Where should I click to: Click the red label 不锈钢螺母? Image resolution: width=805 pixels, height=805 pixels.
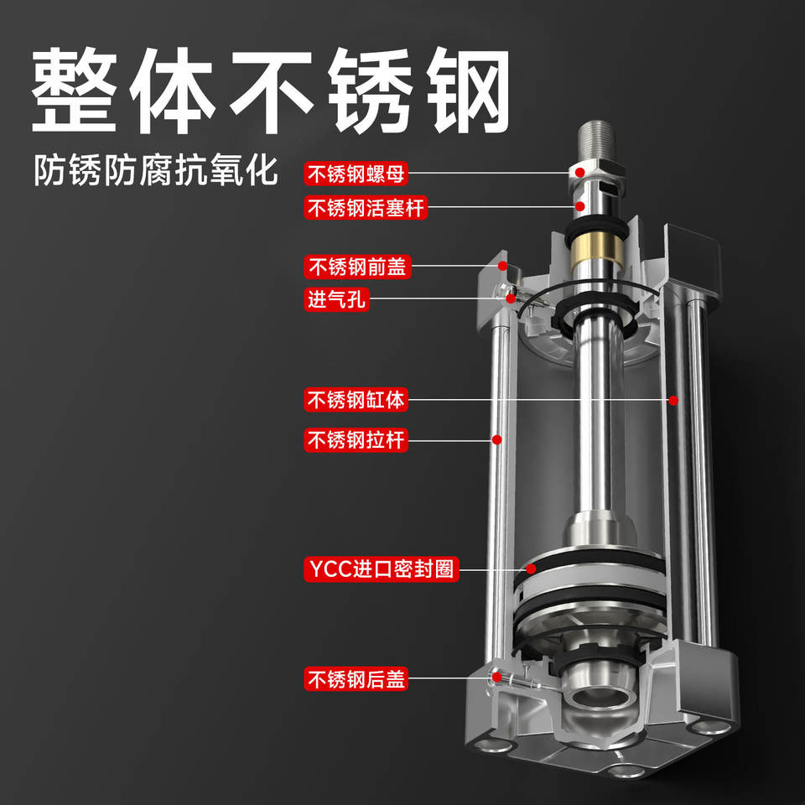click(356, 174)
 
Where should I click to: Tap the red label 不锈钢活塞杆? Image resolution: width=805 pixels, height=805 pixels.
click(366, 208)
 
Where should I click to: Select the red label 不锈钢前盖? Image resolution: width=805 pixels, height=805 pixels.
click(357, 267)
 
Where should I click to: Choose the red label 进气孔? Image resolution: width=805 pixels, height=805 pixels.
click(336, 299)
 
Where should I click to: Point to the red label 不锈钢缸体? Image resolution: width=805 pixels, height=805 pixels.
click(356, 400)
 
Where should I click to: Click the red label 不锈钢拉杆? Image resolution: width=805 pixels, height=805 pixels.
click(356, 440)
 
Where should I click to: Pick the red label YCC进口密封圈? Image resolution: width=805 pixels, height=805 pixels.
click(381, 569)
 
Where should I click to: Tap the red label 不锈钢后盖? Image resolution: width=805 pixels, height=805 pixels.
click(356, 678)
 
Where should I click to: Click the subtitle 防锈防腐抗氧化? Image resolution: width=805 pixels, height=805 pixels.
click(156, 170)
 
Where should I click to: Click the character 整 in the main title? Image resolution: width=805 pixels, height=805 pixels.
click(75, 91)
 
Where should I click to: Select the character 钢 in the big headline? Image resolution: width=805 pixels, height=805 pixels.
click(468, 91)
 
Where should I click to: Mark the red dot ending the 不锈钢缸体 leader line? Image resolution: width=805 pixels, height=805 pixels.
click(673, 400)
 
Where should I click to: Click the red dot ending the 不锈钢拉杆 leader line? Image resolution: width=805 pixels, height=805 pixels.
click(496, 439)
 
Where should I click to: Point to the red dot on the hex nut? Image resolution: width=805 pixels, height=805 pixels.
click(579, 173)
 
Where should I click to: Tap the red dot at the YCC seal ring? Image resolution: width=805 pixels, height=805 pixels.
click(531, 569)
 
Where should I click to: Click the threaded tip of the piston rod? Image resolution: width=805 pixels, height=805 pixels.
click(595, 140)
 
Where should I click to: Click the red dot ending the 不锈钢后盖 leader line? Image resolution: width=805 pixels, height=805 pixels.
click(496, 678)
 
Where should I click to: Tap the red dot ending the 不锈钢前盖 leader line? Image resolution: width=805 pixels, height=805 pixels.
click(502, 266)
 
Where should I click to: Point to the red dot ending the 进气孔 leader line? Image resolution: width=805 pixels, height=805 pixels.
click(511, 299)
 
